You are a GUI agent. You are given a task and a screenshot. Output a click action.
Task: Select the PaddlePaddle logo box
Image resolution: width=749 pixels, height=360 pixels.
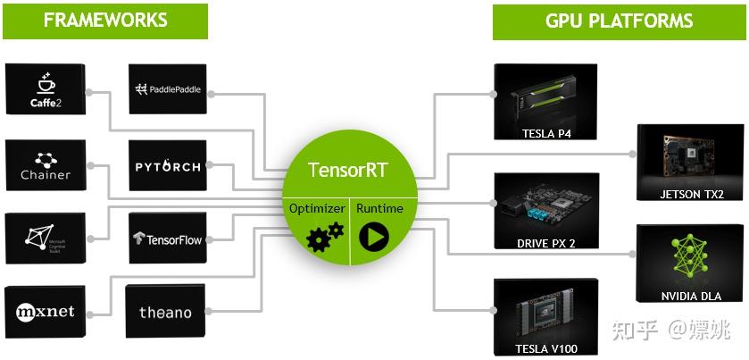(x=169, y=88)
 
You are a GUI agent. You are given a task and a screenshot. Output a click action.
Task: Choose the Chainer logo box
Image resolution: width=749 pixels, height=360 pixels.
(x=45, y=163)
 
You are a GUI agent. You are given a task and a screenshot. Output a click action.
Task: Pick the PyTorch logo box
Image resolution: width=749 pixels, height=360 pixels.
(x=169, y=166)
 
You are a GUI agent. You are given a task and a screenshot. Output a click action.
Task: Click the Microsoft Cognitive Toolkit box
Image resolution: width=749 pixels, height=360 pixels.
(x=45, y=238)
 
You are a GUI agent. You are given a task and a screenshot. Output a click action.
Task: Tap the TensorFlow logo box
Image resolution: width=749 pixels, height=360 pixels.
(x=169, y=239)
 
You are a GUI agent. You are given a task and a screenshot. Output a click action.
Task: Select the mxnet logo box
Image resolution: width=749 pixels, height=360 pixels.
(x=45, y=311)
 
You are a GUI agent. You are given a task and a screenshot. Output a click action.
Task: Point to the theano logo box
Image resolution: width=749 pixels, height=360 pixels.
(x=165, y=312)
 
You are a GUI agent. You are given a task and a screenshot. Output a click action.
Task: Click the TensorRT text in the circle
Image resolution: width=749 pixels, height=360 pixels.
(x=349, y=170)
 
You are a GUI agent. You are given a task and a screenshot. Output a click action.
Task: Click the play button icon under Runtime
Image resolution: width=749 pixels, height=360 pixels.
(x=373, y=238)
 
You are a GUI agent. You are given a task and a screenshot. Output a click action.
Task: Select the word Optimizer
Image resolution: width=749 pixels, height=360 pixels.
(x=317, y=208)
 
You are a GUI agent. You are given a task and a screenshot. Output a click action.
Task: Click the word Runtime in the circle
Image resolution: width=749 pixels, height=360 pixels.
(x=379, y=208)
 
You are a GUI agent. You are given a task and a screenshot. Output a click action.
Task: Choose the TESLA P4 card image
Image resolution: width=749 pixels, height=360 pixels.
(x=545, y=95)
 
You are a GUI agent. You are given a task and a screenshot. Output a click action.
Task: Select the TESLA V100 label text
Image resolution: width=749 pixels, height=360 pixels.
(x=545, y=348)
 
